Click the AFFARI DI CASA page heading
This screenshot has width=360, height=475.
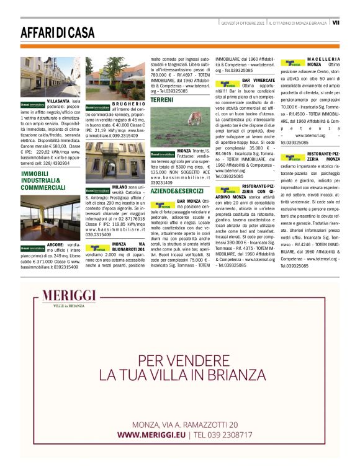pyautogui.click(x=58, y=32)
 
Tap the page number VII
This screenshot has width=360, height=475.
pyautogui.click(x=335, y=23)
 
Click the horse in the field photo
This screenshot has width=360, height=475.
pyautogui.click(x=194, y=118)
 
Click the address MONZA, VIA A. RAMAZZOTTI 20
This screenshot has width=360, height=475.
pyautogui.click(x=184, y=424)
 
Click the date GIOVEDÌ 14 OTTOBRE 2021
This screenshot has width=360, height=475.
pyautogui.click(x=242, y=23)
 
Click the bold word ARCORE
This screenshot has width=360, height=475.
pyautogui.click(x=49, y=245)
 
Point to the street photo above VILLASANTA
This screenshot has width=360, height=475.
pyautogui.click(x=50, y=76)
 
